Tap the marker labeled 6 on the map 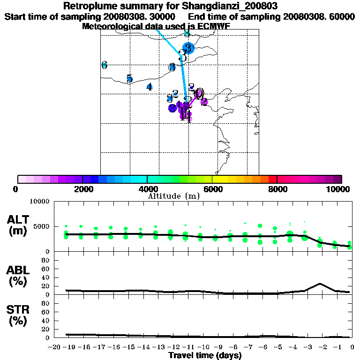click(104, 65)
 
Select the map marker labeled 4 click(149, 87)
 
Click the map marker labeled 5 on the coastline click(129, 79)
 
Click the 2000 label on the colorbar click(82, 189)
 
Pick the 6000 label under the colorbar click(212, 189)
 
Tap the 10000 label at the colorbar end click(338, 189)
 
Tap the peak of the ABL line click(320, 284)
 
